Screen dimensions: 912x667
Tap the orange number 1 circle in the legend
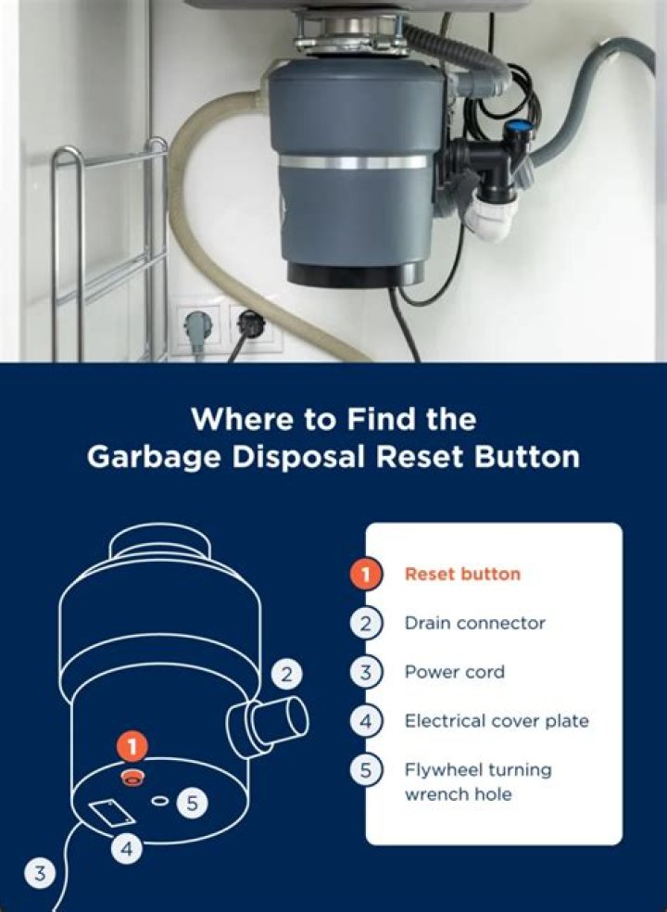(x=365, y=574)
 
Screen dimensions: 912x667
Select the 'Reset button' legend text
(x=462, y=574)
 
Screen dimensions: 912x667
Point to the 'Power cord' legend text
(x=454, y=672)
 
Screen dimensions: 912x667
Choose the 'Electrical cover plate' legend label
(x=496, y=720)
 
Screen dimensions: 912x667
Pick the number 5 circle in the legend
(x=365, y=770)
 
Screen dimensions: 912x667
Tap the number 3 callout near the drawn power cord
(x=39, y=871)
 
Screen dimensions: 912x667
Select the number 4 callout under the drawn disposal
(x=129, y=847)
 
